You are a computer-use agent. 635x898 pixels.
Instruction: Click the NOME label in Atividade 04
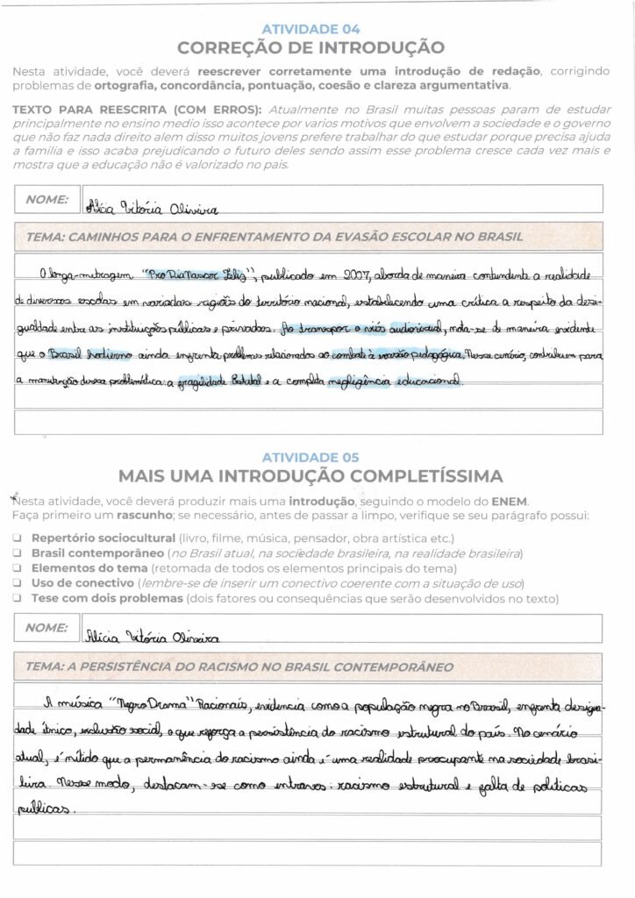(47, 199)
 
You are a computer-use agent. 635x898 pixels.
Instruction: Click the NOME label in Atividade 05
(47, 628)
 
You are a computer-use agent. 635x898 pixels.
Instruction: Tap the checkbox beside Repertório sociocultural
(18, 538)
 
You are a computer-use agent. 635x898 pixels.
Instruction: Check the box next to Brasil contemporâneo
(18, 553)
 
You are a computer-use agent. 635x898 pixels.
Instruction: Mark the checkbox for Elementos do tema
(18, 568)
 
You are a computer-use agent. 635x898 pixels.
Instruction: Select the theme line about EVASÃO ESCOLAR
(275, 236)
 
